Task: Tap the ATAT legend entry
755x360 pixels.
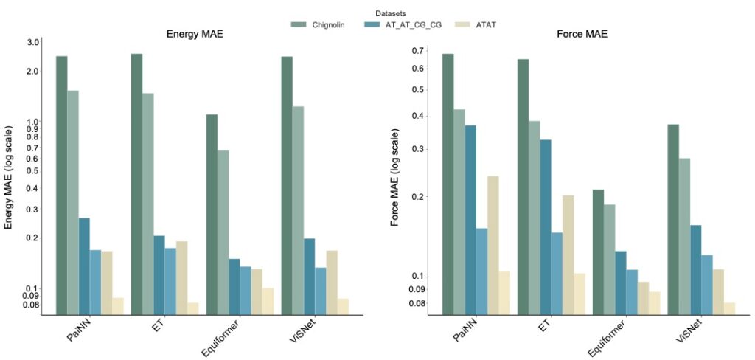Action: [x=484, y=25]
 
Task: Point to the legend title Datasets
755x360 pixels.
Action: [x=391, y=13]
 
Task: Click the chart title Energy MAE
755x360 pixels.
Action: [x=194, y=35]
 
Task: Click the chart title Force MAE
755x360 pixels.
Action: [x=583, y=35]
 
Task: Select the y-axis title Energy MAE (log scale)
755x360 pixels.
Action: [x=10, y=178]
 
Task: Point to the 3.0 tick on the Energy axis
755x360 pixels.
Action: [x=32, y=43]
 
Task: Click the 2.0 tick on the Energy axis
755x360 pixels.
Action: [x=32, y=72]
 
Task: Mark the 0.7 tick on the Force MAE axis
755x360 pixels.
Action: [x=419, y=51]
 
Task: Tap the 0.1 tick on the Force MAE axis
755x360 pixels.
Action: [x=419, y=276]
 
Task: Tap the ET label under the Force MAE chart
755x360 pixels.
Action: [x=544, y=325]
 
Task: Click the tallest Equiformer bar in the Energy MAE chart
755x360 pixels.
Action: [x=212, y=215]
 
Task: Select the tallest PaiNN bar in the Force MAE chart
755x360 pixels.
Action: [x=448, y=184]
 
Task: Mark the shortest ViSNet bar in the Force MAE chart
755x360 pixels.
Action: [x=729, y=308]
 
